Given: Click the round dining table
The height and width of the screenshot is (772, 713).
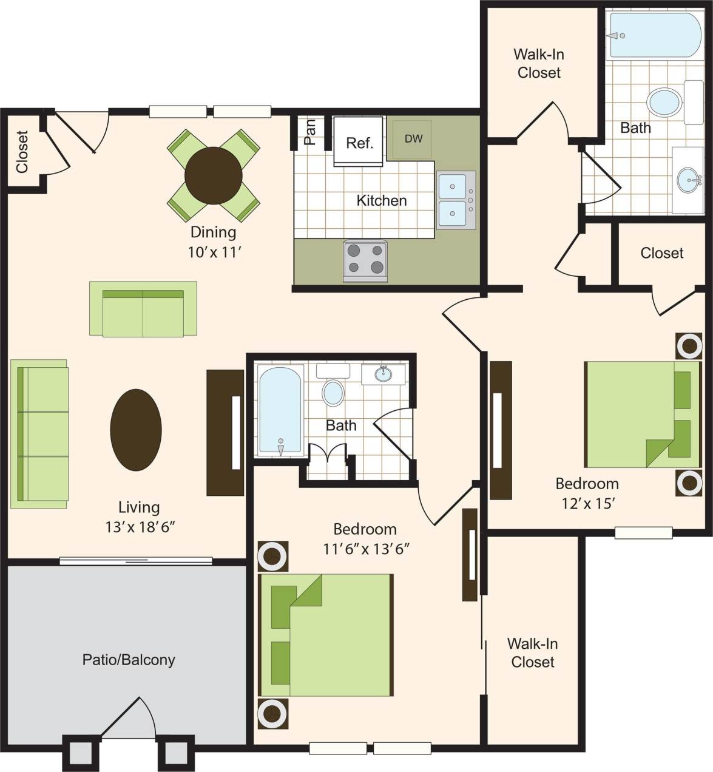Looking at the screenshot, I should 213,175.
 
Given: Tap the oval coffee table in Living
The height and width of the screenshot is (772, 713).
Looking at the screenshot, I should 136,430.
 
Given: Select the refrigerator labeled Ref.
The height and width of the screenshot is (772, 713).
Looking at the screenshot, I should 359,143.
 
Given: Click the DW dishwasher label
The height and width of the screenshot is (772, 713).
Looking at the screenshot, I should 413,139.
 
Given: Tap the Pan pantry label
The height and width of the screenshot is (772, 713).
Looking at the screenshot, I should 309,132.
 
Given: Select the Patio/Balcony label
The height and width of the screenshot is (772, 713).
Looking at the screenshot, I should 129,660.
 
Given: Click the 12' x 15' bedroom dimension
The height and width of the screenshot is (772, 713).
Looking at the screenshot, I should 588,503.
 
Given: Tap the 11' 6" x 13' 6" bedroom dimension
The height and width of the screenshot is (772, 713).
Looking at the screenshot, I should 366,549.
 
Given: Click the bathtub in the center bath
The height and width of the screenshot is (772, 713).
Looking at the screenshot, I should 280,410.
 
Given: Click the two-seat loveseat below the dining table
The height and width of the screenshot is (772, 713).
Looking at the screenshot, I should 143,309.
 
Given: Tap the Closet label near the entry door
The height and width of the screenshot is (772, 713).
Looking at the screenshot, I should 22,152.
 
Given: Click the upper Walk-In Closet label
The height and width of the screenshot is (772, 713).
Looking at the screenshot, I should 539,63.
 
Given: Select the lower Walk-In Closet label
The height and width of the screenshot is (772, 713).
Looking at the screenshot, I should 532,652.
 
